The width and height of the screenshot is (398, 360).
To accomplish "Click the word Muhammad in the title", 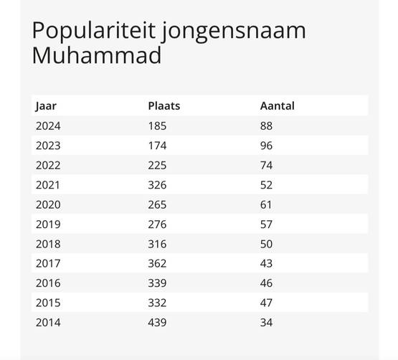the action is [97, 55].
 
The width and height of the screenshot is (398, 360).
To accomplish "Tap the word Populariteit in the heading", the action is [93, 31].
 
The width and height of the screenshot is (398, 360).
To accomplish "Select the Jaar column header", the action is [46, 106].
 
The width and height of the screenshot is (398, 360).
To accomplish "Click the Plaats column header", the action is [164, 106].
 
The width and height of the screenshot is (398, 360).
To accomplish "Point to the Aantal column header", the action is [278, 106].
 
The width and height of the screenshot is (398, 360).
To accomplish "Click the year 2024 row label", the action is [48, 126].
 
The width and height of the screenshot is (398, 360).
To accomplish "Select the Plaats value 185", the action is [157, 126].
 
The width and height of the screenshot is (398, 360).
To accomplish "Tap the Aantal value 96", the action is [266, 146].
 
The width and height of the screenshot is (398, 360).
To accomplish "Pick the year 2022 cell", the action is [48, 166].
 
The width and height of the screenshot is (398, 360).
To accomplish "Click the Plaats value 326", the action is [157, 185].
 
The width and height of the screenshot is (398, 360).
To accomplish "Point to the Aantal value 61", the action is [266, 205].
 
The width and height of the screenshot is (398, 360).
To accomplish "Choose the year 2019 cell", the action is [48, 224].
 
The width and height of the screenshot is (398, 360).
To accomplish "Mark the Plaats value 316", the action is [157, 245].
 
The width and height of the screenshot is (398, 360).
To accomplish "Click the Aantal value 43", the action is [266, 263].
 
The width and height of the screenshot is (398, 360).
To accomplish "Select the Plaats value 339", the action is [157, 283].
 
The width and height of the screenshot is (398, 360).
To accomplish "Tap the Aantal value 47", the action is [266, 303].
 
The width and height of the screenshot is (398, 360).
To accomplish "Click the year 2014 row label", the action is [48, 323].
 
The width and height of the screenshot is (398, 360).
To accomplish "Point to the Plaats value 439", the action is [157, 323].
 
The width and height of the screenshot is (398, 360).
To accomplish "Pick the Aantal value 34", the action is [266, 323].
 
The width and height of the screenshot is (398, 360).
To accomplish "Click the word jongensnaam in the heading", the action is [234, 32].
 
